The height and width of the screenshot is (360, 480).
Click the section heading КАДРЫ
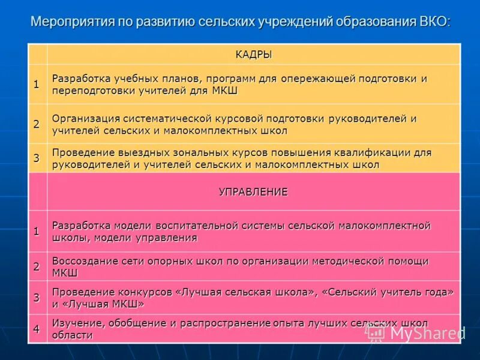tap(253, 55)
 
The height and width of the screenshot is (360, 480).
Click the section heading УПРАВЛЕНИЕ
tap(253, 192)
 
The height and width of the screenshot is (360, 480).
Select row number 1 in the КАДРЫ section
tap(37, 84)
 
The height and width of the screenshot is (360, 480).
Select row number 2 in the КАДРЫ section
tap(37, 124)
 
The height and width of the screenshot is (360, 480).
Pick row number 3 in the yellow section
tap(37, 158)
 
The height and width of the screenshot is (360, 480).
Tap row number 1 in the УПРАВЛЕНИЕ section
tap(37, 231)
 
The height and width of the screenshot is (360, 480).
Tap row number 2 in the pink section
tap(37, 266)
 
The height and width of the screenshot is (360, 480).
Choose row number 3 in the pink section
tap(37, 298)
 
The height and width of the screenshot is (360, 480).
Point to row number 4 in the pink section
tap(37, 328)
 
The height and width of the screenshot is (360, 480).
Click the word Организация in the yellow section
tap(85, 119)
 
